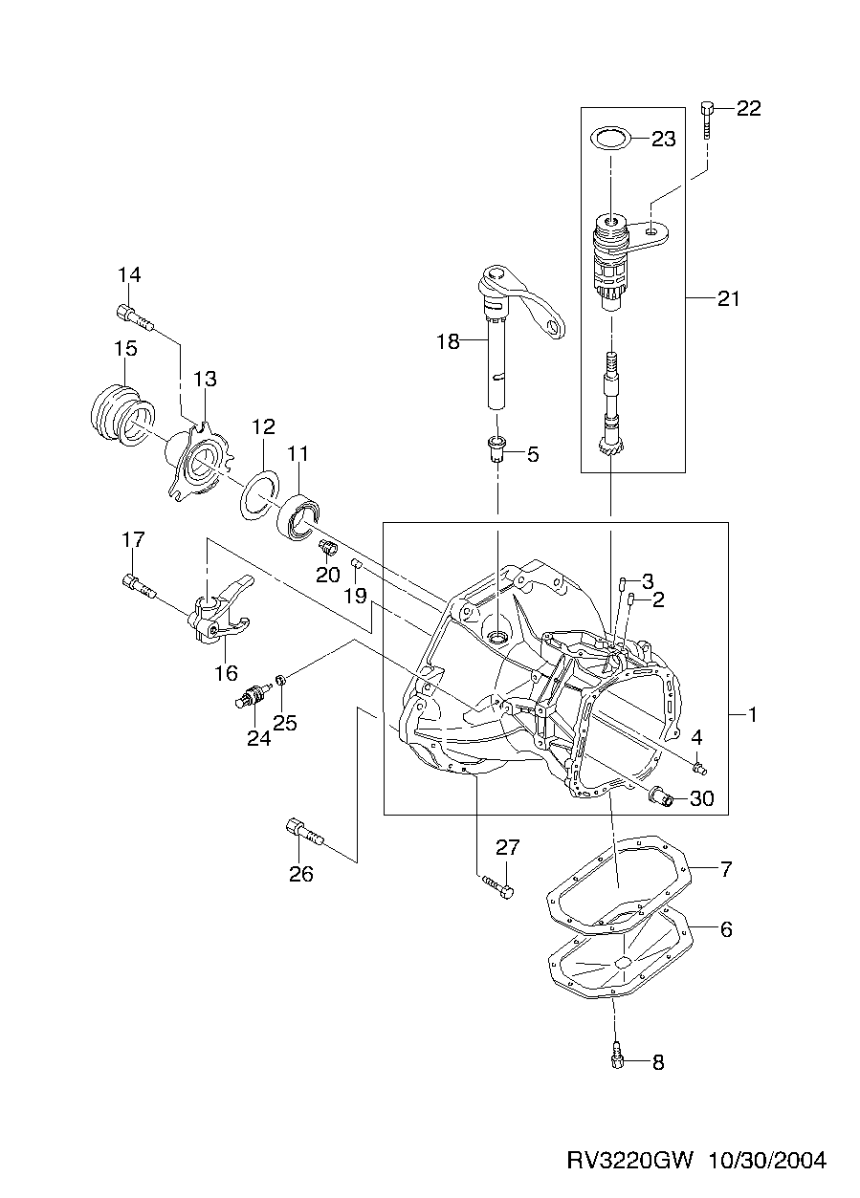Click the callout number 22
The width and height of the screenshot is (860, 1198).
tap(748, 109)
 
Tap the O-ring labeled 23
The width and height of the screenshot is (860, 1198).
tap(609, 139)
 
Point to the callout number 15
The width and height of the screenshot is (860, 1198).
tap(125, 349)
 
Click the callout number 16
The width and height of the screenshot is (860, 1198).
tap(226, 672)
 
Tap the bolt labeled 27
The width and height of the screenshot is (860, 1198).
tap(496, 885)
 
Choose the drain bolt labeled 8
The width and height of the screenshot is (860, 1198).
tap(617, 1056)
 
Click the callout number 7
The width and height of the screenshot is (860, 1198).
tap(725, 870)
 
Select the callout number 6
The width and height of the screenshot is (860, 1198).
tap(725, 928)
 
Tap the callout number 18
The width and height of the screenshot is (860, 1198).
tap(448, 341)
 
